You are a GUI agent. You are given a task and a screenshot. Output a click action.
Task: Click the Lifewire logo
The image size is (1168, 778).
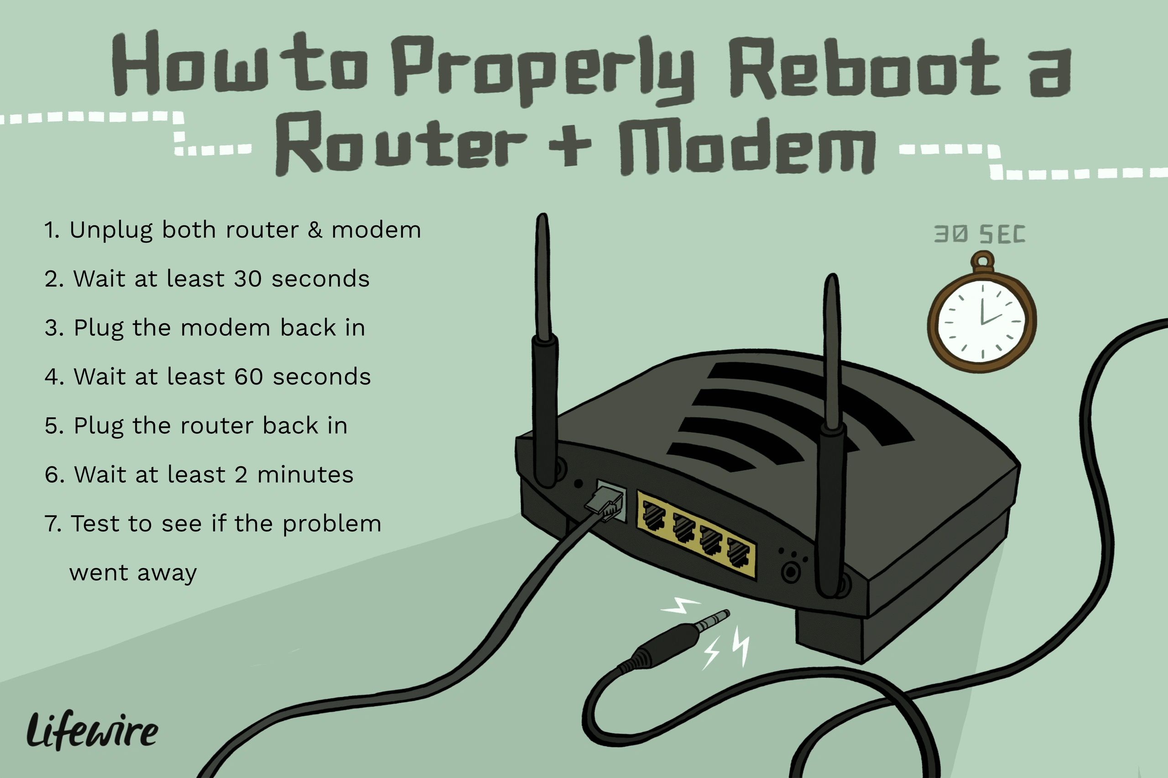tap(92, 731)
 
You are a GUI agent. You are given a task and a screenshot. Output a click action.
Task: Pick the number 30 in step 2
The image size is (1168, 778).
tap(247, 279)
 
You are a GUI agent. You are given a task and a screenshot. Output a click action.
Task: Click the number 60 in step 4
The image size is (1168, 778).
tap(248, 377)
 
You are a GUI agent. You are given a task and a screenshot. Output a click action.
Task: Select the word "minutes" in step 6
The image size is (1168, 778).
tap(305, 475)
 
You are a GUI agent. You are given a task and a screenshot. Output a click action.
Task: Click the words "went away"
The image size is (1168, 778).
tap(133, 573)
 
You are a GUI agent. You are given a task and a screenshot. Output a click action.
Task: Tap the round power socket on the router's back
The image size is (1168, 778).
tap(790, 572)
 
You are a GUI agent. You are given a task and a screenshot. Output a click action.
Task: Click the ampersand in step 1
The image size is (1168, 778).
tap(315, 230)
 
